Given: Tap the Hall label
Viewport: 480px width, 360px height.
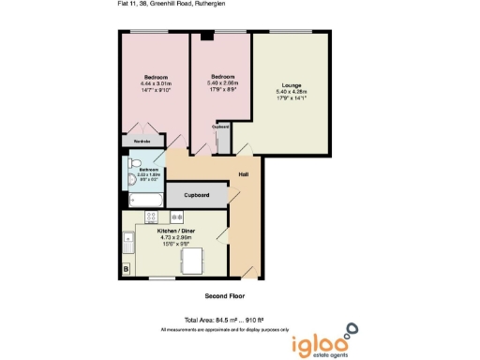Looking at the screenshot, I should click(243, 175).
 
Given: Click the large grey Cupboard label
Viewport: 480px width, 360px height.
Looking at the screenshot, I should click(196, 195).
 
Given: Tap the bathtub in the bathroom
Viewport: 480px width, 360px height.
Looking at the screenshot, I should click(142, 201).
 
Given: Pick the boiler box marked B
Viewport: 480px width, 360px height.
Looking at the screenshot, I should click(126, 271).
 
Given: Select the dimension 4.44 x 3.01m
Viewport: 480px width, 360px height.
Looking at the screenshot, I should click(156, 82).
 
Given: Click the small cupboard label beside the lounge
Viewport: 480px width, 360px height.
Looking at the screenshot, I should click(222, 127).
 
